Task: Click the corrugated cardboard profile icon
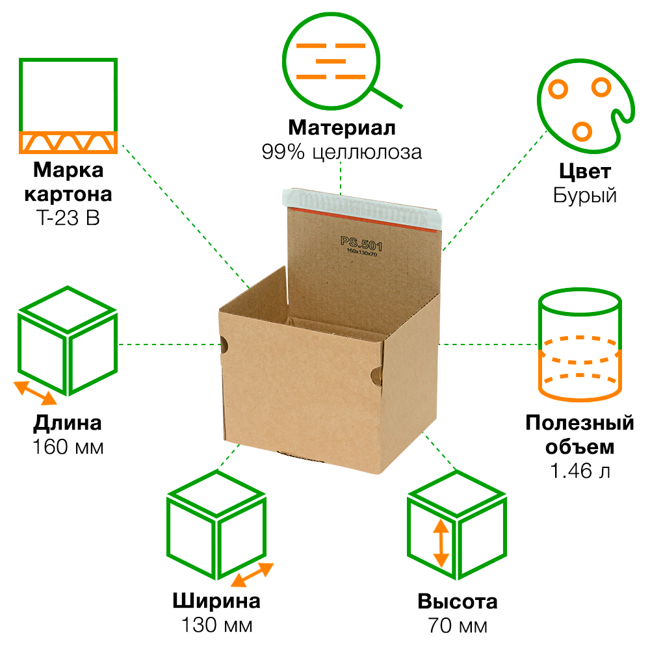point(68,106)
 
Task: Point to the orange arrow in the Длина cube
point(36,393)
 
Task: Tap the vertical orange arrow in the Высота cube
point(441,543)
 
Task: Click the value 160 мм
point(68,448)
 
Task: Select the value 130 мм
point(216,625)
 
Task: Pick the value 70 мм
point(458,626)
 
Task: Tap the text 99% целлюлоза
point(342,152)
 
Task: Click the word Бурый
point(585,196)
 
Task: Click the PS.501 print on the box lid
point(362,244)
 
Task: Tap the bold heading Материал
point(342,127)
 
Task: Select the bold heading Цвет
point(585,172)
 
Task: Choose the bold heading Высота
point(458,601)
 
